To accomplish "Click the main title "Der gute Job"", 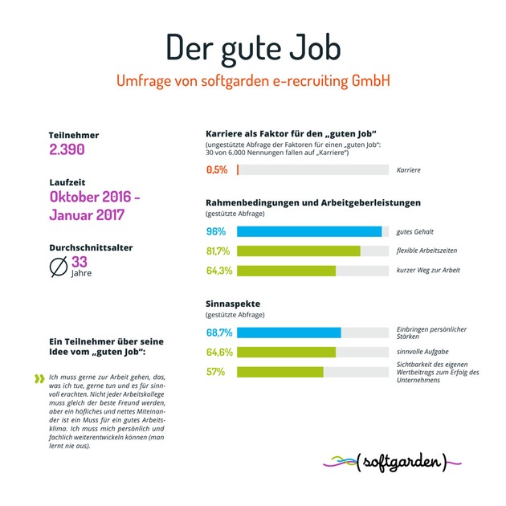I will tap(252, 47).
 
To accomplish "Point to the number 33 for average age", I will tap(80, 262).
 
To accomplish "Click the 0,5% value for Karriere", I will tap(217, 170).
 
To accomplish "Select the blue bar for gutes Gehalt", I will tap(309, 232).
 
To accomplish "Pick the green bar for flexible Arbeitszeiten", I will tap(299, 251).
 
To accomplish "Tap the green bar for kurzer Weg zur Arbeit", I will tap(287, 271).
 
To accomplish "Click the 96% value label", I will tap(215, 232).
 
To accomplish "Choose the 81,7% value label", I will tap(218, 251).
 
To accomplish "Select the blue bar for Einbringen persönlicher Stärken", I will tap(289, 333).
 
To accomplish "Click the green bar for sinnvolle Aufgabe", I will tap(287, 352).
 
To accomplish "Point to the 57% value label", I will tap(215, 371).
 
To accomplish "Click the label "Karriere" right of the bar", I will tap(409, 170).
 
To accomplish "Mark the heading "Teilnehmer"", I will tap(74, 135).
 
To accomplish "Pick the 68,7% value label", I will tap(218, 333).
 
